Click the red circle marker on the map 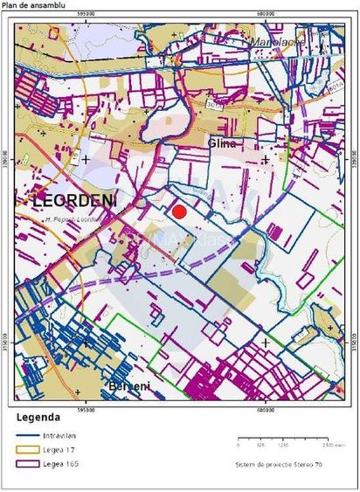point(179,211)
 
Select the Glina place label point(223,142)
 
